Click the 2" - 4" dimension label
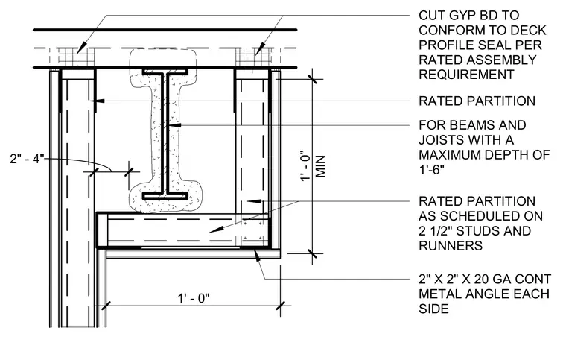(27, 159)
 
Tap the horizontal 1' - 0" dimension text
(194, 298)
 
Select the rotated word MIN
(320, 166)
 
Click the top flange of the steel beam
(165, 72)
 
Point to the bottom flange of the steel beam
(165, 196)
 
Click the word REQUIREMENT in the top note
(466, 75)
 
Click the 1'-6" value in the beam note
(431, 169)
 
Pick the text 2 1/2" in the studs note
(436, 231)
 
